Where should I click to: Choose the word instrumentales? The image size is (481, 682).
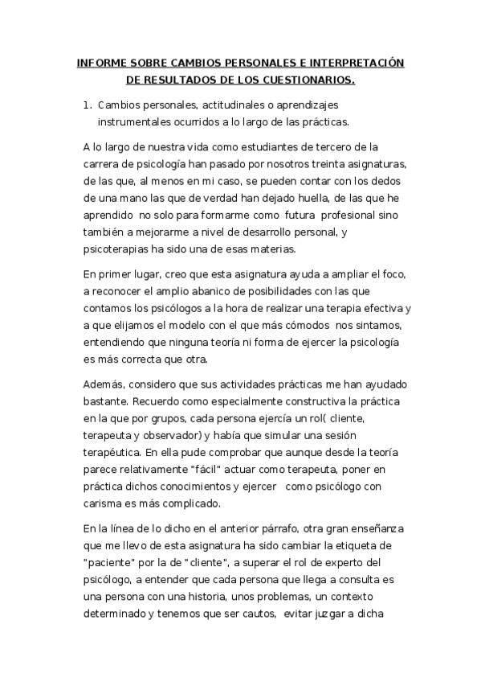tap(137, 122)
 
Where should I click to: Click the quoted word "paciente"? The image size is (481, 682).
tap(110, 563)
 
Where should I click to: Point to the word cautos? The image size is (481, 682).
tap(250, 614)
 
